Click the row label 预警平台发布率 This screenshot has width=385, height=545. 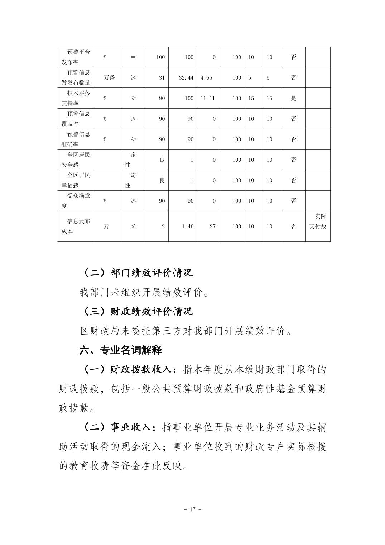point(76,57)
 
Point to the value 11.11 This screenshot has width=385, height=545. point(207,98)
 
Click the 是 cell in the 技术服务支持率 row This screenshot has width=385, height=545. point(293,98)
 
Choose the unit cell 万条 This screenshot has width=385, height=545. point(109,77)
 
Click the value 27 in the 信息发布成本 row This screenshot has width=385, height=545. point(212,226)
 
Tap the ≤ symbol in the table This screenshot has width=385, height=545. point(133,226)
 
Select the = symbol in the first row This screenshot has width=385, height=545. point(133,57)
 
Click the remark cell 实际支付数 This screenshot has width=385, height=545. point(318,221)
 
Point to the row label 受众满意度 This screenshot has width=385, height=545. point(76,201)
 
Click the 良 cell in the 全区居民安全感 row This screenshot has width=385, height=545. point(162,160)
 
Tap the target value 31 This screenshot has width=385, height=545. point(162,77)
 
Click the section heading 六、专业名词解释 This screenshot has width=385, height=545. point(120,350)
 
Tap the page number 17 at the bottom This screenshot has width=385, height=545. point(192,510)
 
